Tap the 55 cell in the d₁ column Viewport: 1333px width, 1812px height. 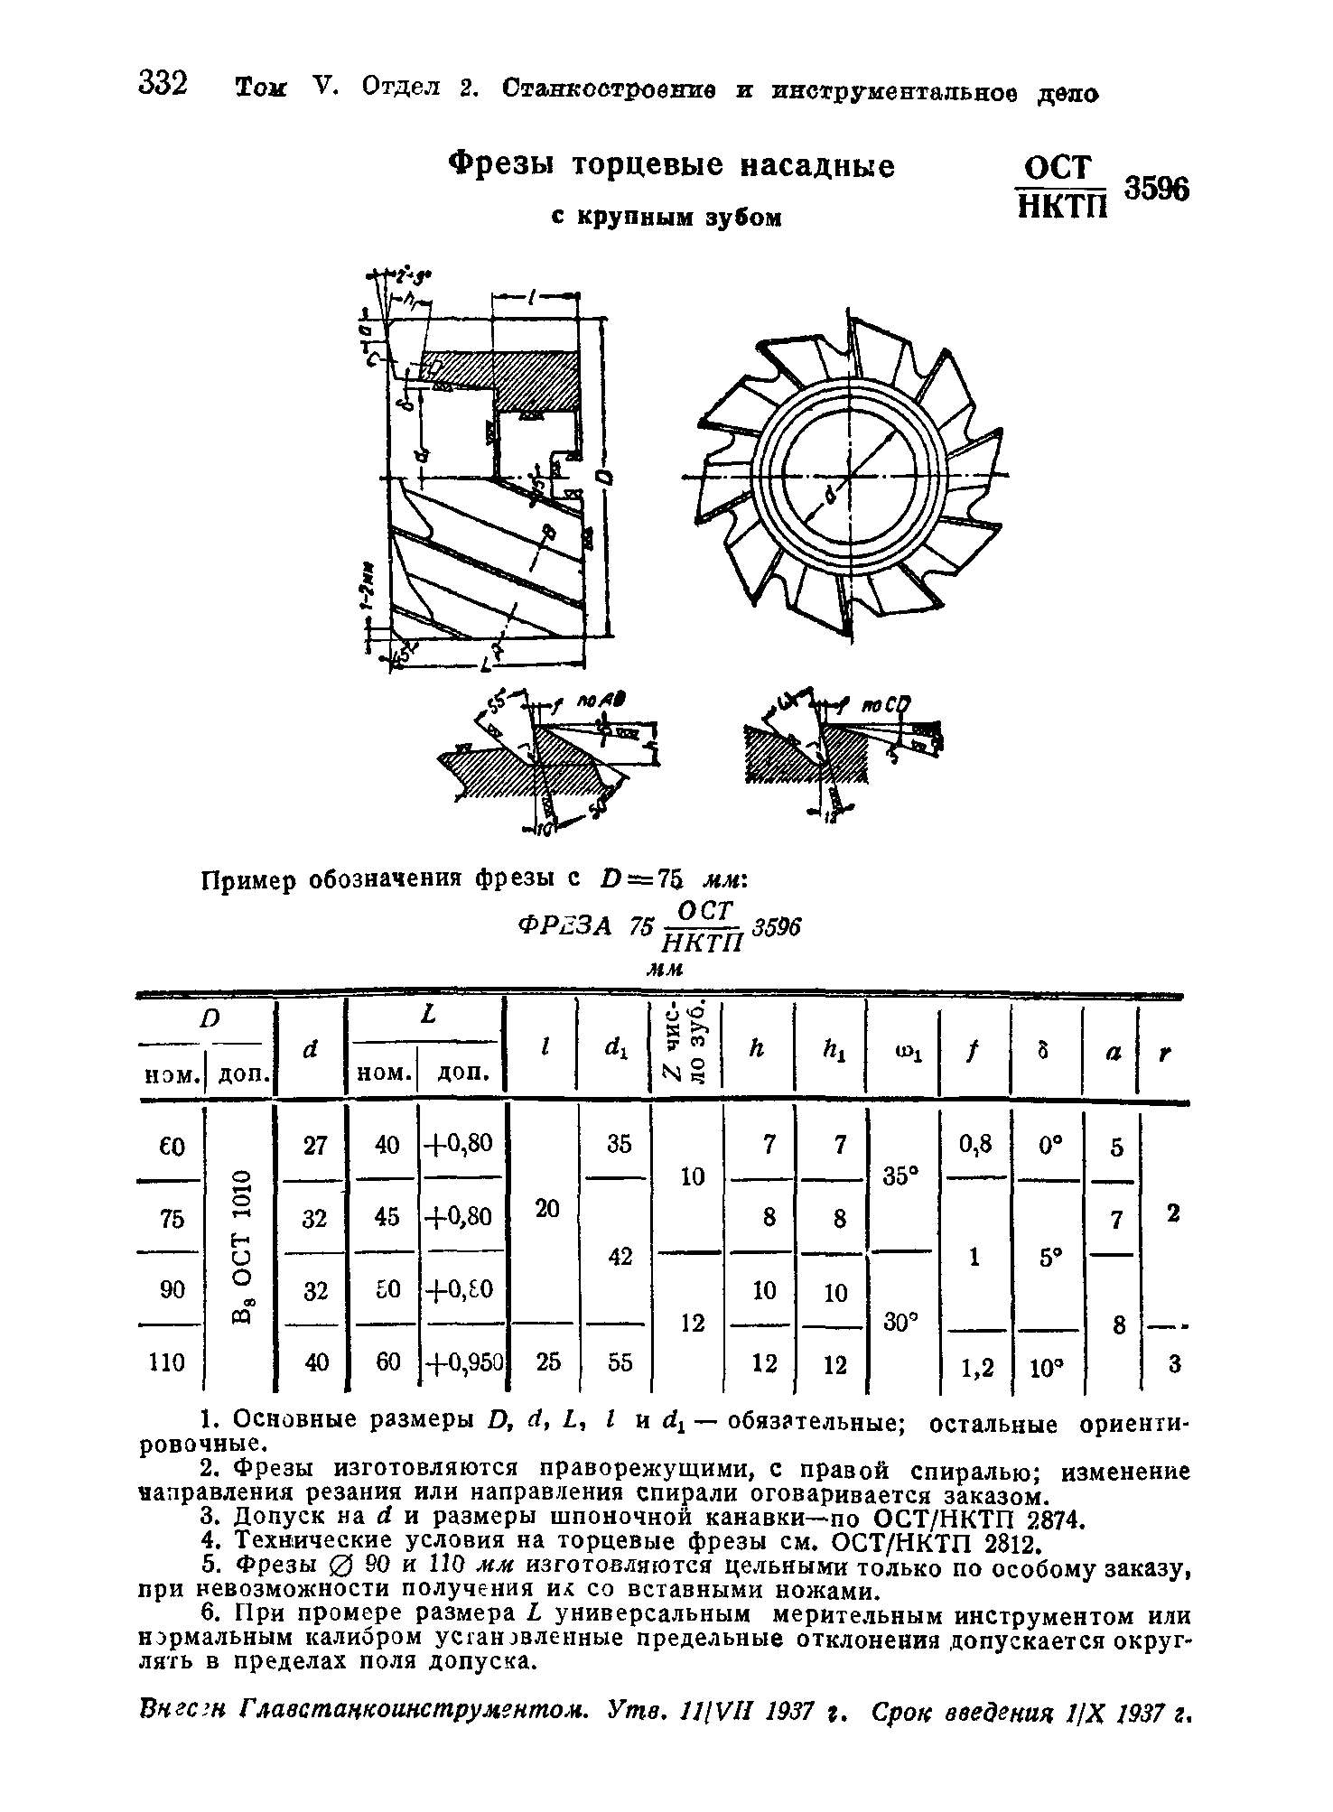coord(620,1362)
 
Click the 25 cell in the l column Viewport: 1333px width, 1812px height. coord(547,1362)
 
